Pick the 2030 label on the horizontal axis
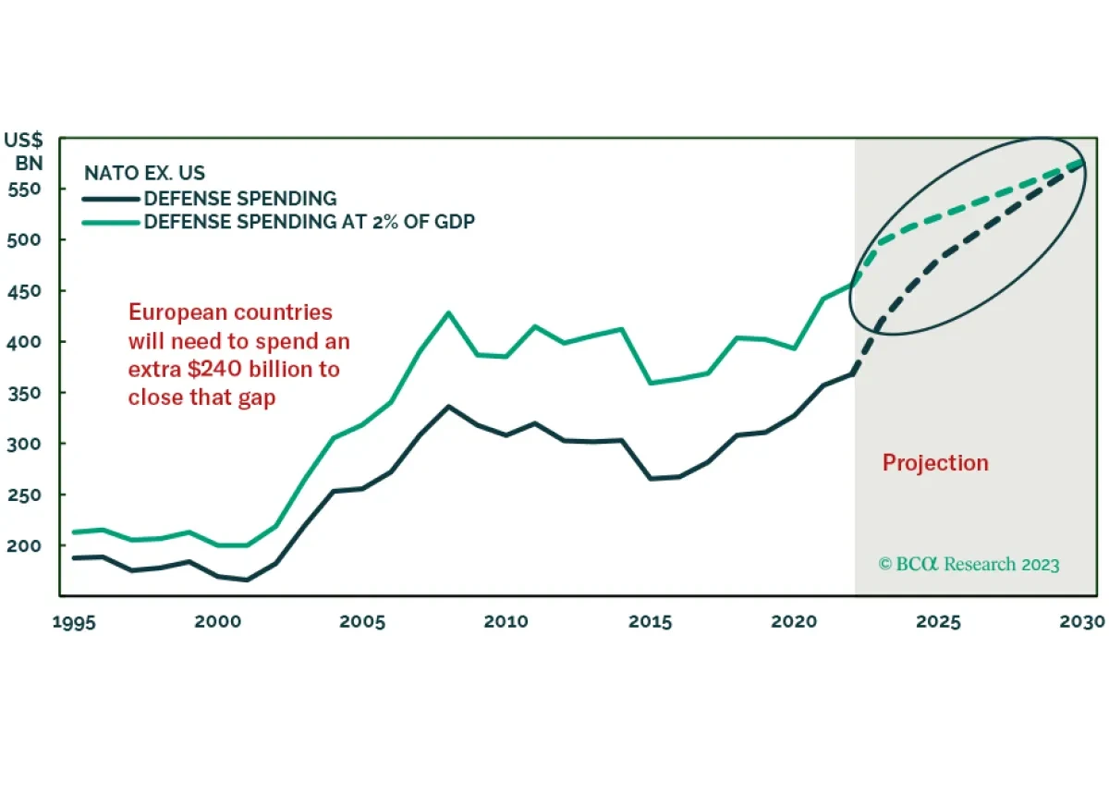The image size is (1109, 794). [x=1082, y=621]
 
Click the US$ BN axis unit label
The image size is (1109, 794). [x=26, y=152]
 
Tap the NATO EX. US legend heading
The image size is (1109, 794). [x=145, y=173]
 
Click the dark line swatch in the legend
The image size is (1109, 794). [x=110, y=198]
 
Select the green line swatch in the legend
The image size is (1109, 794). [x=110, y=222]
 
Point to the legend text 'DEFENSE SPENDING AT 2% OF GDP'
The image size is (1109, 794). [x=309, y=222]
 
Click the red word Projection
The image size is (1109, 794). [x=935, y=463]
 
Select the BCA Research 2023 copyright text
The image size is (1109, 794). [x=969, y=564]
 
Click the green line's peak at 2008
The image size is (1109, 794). [x=449, y=312]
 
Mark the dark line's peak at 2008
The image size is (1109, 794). [x=449, y=406]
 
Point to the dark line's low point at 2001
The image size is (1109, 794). [x=247, y=580]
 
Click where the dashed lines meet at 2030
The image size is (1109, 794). [x=1082, y=163]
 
